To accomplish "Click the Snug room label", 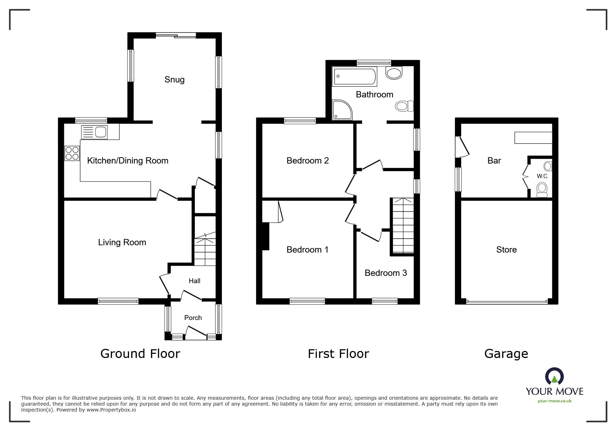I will [174, 80].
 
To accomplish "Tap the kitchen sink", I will [95, 132].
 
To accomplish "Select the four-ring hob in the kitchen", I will [72, 153].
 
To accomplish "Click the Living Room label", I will [122, 242].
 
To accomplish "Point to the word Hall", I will [194, 281].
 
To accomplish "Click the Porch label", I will [193, 318].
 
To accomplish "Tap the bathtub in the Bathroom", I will [354, 77].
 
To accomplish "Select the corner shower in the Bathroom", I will [342, 110].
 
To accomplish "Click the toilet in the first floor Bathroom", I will [404, 106].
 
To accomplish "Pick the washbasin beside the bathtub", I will [394, 73].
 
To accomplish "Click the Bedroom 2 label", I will [307, 160].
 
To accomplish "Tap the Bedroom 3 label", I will [385, 273].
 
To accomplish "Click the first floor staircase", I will [403, 226].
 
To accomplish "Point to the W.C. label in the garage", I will [542, 176].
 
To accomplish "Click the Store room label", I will [506, 250].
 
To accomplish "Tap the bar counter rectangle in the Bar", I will [533, 138].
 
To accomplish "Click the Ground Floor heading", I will [140, 354].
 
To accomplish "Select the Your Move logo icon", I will [554, 376].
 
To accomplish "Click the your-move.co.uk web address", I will [554, 401].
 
